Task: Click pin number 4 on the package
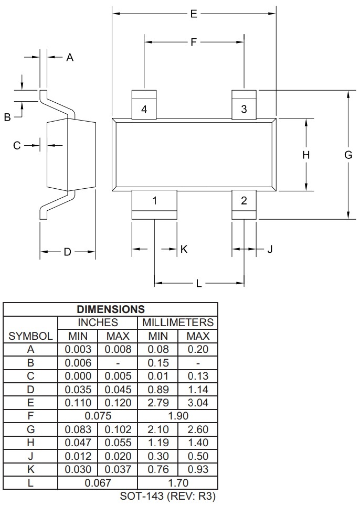click(x=144, y=109)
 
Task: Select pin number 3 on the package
click(x=244, y=109)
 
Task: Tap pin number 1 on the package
click(x=154, y=200)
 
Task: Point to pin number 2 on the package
click(x=244, y=200)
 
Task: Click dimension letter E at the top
click(x=194, y=14)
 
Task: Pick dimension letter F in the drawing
click(x=194, y=42)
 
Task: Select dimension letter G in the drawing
click(x=348, y=155)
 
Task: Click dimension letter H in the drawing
click(x=306, y=155)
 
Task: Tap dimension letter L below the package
click(x=199, y=284)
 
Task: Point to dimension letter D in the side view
click(x=67, y=252)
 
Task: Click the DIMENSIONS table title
click(x=111, y=309)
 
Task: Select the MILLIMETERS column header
click(x=177, y=322)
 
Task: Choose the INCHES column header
click(x=98, y=322)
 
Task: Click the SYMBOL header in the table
click(x=30, y=336)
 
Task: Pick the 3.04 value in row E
click(x=197, y=403)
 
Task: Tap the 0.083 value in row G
click(x=78, y=429)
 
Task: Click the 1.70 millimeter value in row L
click(x=177, y=482)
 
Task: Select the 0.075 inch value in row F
click(x=98, y=416)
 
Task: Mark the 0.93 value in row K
click(x=197, y=469)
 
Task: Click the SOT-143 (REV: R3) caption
click(x=168, y=496)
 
